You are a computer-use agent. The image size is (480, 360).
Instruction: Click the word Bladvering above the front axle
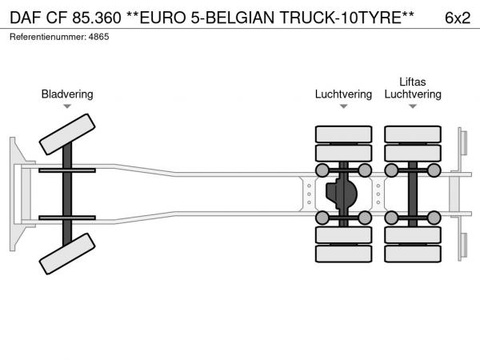tap(67, 94)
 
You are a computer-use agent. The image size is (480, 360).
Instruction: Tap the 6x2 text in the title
tap(458, 18)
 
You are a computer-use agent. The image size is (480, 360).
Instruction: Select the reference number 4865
tap(98, 37)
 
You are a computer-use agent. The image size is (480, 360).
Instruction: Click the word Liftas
tap(413, 82)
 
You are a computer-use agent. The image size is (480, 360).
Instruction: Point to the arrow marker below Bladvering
tap(67, 106)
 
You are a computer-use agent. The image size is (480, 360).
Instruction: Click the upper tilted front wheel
tap(67, 134)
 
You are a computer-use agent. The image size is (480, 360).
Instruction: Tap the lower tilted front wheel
tap(67, 254)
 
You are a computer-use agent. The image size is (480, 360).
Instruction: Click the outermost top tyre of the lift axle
tap(413, 134)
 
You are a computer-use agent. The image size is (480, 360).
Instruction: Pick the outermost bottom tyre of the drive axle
tap(343, 254)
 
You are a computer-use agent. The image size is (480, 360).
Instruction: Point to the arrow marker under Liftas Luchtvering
tap(413, 106)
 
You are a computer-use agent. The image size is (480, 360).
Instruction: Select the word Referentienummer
tap(48, 37)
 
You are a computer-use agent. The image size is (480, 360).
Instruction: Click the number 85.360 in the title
tap(97, 18)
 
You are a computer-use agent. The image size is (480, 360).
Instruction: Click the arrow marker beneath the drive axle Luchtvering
tap(343, 106)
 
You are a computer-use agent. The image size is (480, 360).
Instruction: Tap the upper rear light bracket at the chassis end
tap(463, 142)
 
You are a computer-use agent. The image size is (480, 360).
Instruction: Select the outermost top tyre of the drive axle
tap(343, 134)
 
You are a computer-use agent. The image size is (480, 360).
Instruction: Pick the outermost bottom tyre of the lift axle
tap(413, 254)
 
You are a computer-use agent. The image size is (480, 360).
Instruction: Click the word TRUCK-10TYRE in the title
tap(347, 18)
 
